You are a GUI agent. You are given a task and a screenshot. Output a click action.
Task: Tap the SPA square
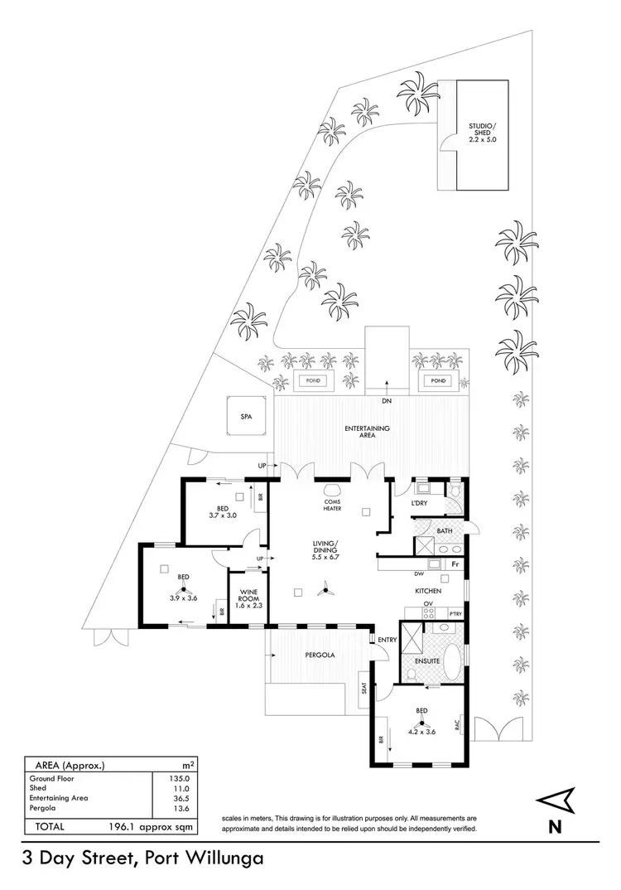pos(246,417)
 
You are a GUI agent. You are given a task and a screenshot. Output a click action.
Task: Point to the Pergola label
pos(319,655)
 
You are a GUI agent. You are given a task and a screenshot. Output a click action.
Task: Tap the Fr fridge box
pos(455,564)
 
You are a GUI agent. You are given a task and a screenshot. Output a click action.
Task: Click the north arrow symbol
pos(556,801)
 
